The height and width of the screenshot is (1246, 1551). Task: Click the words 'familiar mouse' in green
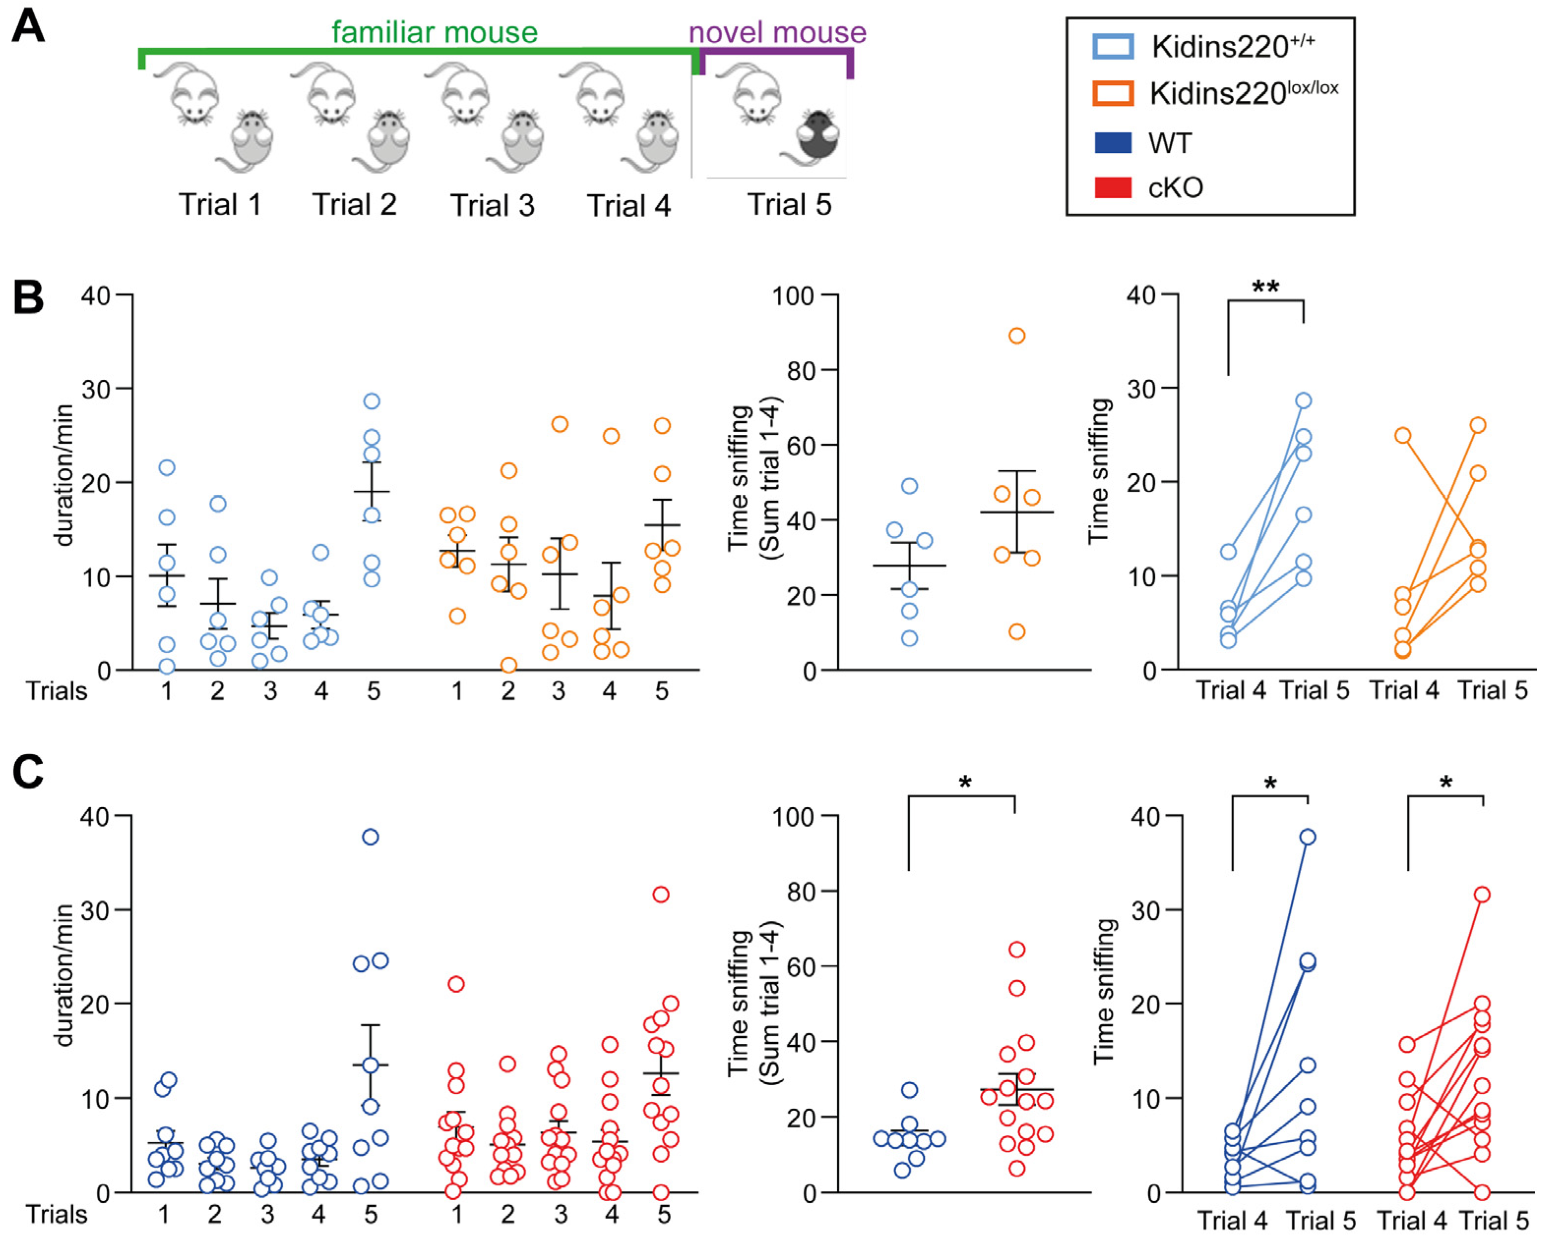(x=434, y=32)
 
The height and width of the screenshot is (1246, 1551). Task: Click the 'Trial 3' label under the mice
(x=493, y=206)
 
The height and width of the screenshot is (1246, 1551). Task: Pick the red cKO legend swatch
(x=1113, y=188)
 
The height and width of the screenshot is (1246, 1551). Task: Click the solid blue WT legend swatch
(x=1113, y=143)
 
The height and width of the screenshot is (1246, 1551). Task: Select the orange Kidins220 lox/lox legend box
(x=1113, y=93)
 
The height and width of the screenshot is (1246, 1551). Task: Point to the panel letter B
(x=29, y=298)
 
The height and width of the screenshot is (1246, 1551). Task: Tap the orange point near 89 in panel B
(x=1016, y=336)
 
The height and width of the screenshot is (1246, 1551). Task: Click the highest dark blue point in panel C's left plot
(x=370, y=837)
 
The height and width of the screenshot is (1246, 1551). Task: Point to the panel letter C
(x=29, y=773)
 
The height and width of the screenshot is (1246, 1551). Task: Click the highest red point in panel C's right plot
(x=1482, y=894)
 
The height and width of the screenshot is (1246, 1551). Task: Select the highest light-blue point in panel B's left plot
(x=372, y=401)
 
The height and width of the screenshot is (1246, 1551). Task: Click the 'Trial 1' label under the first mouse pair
(x=220, y=205)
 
